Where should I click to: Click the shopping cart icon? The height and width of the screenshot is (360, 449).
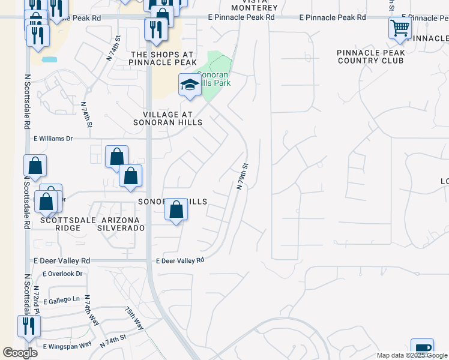(x=400, y=27)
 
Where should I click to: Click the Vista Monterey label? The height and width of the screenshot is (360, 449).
(x=255, y=5)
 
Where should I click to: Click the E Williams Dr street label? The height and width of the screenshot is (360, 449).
(x=52, y=139)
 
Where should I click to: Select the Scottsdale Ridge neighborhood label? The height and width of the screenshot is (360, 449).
(x=60, y=224)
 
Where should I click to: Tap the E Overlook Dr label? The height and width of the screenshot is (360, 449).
(x=62, y=274)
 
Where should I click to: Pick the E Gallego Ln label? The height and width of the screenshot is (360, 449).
(x=61, y=299)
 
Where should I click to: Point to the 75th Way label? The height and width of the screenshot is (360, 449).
(x=134, y=317)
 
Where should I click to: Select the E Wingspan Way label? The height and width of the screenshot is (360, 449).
(x=67, y=345)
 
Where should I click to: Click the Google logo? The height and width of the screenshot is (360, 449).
(x=20, y=353)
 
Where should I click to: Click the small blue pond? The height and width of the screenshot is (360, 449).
(x=49, y=60)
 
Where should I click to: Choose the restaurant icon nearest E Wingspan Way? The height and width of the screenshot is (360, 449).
(x=28, y=326)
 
